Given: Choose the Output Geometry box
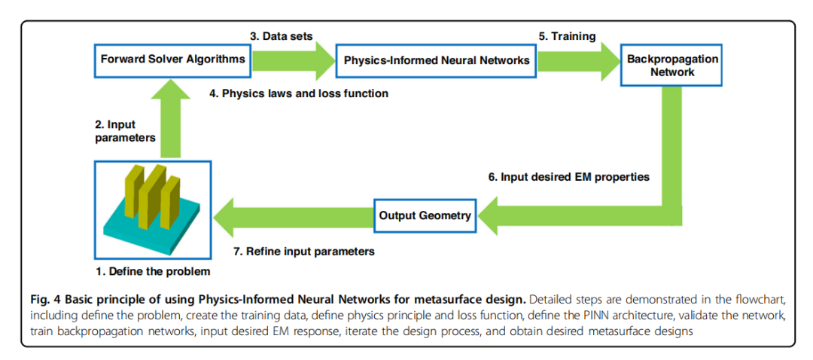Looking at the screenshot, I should click(425, 215).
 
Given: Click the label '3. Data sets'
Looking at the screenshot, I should click(282, 36).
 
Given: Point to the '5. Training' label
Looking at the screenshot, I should click(566, 36).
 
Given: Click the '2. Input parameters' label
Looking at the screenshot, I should click(126, 131).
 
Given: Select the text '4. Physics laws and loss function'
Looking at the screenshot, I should click(300, 94).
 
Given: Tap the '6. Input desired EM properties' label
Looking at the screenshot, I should click(569, 177).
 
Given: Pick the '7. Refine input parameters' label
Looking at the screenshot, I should click(304, 252).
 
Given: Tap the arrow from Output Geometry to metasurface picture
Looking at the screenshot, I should click(294, 215).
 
